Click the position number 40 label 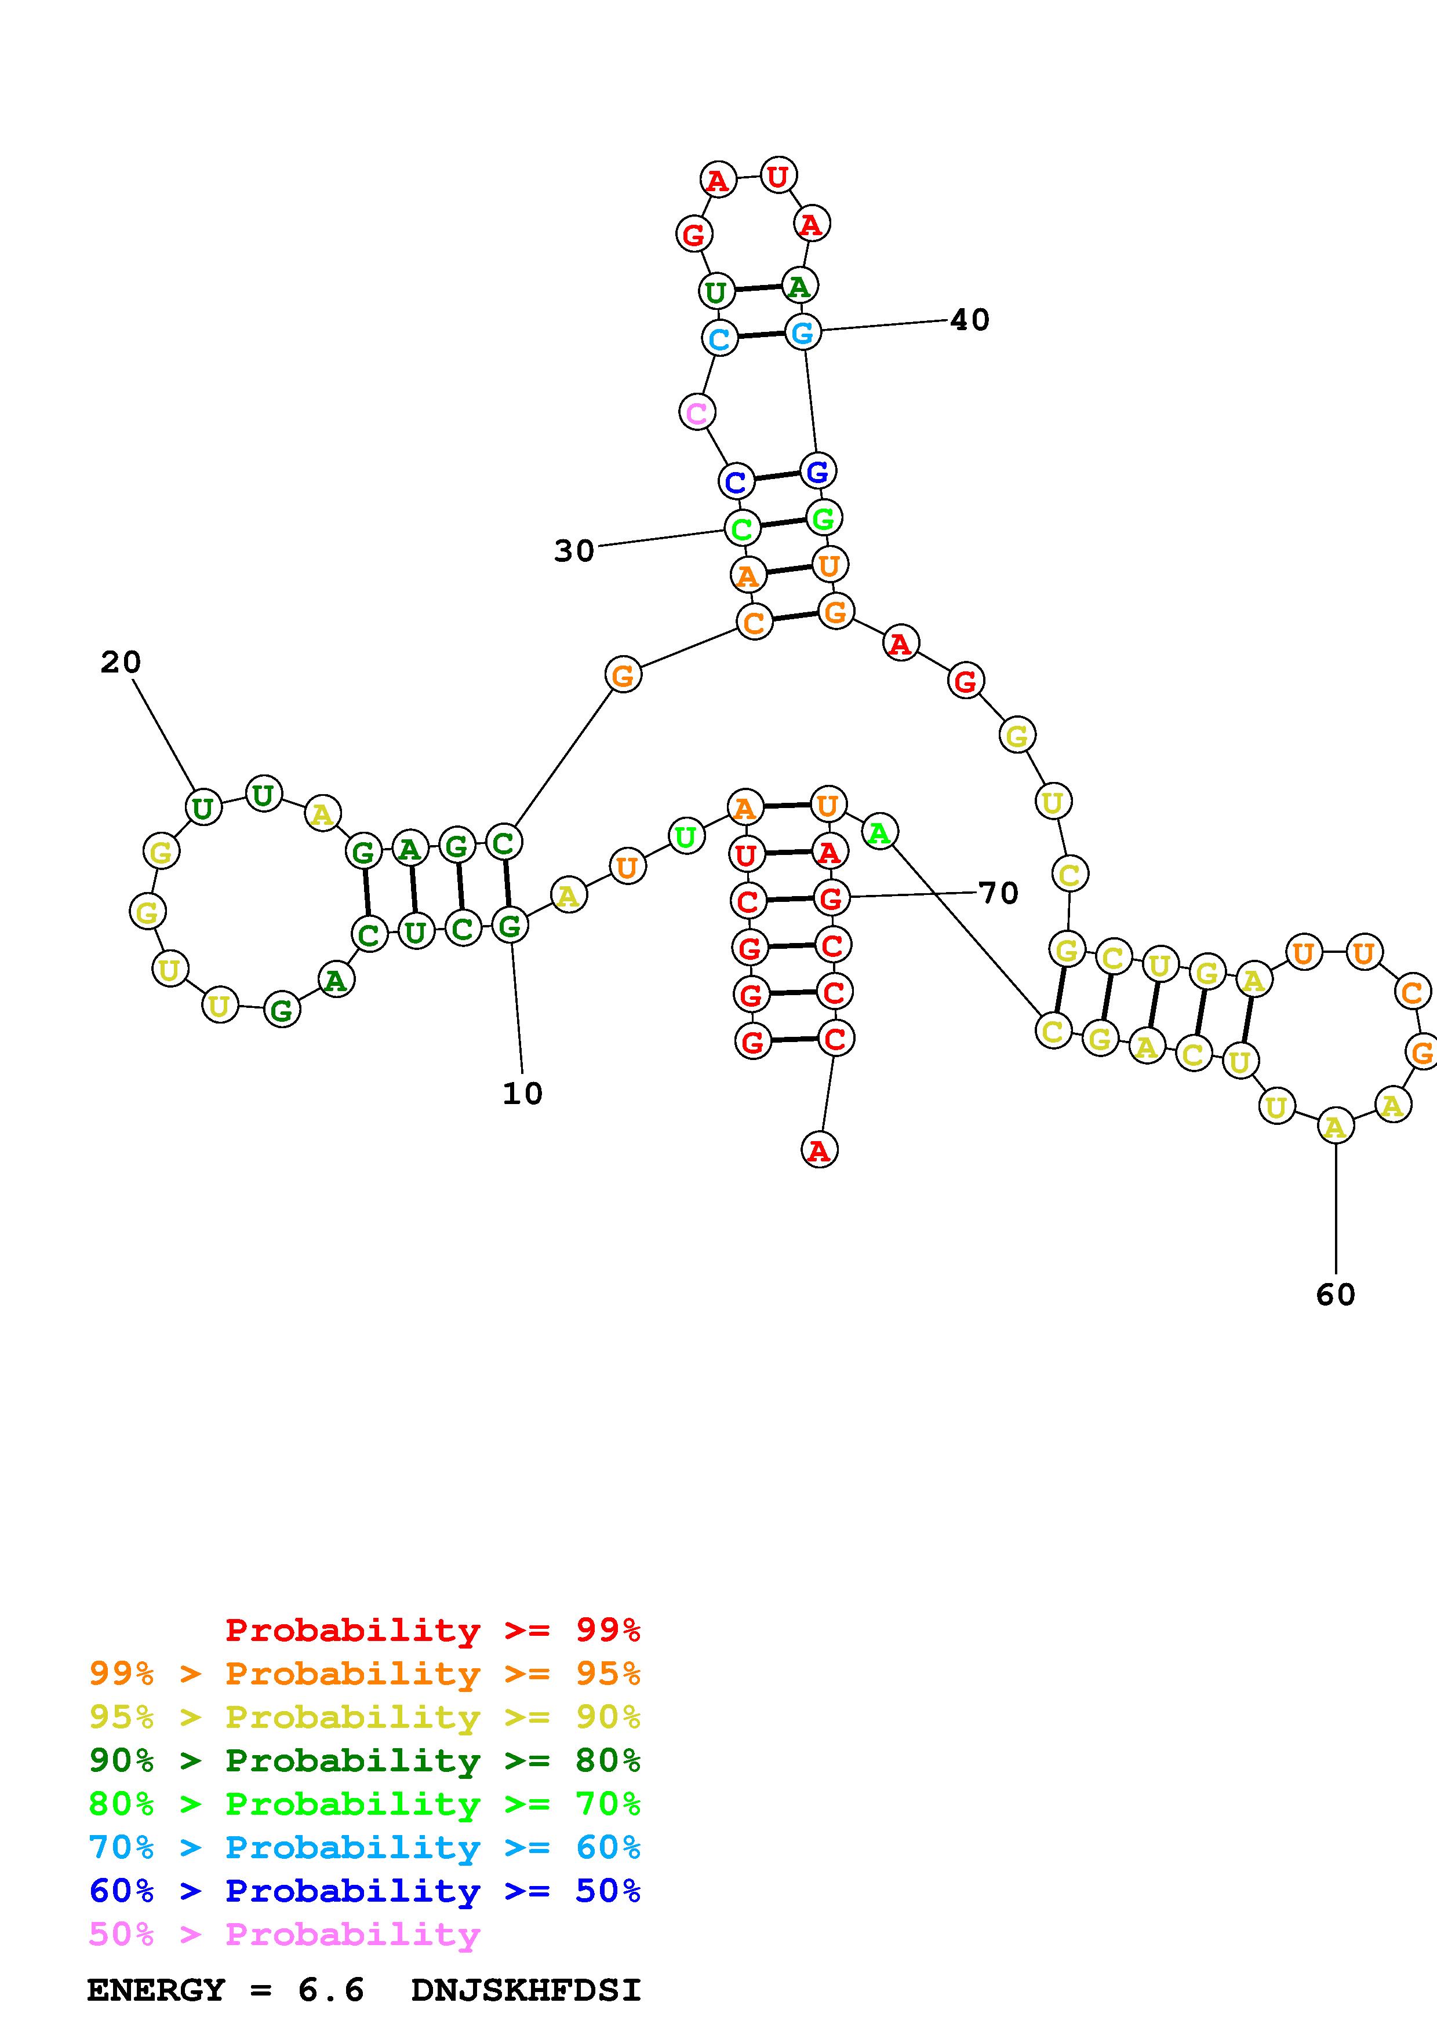970,320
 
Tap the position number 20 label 121,662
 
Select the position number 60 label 1335,1295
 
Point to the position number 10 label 522,1094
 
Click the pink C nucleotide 697,412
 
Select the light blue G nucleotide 802,332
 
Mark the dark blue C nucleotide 736,483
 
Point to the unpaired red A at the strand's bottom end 819,1150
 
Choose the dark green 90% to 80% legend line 365,1760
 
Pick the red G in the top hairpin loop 694,235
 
